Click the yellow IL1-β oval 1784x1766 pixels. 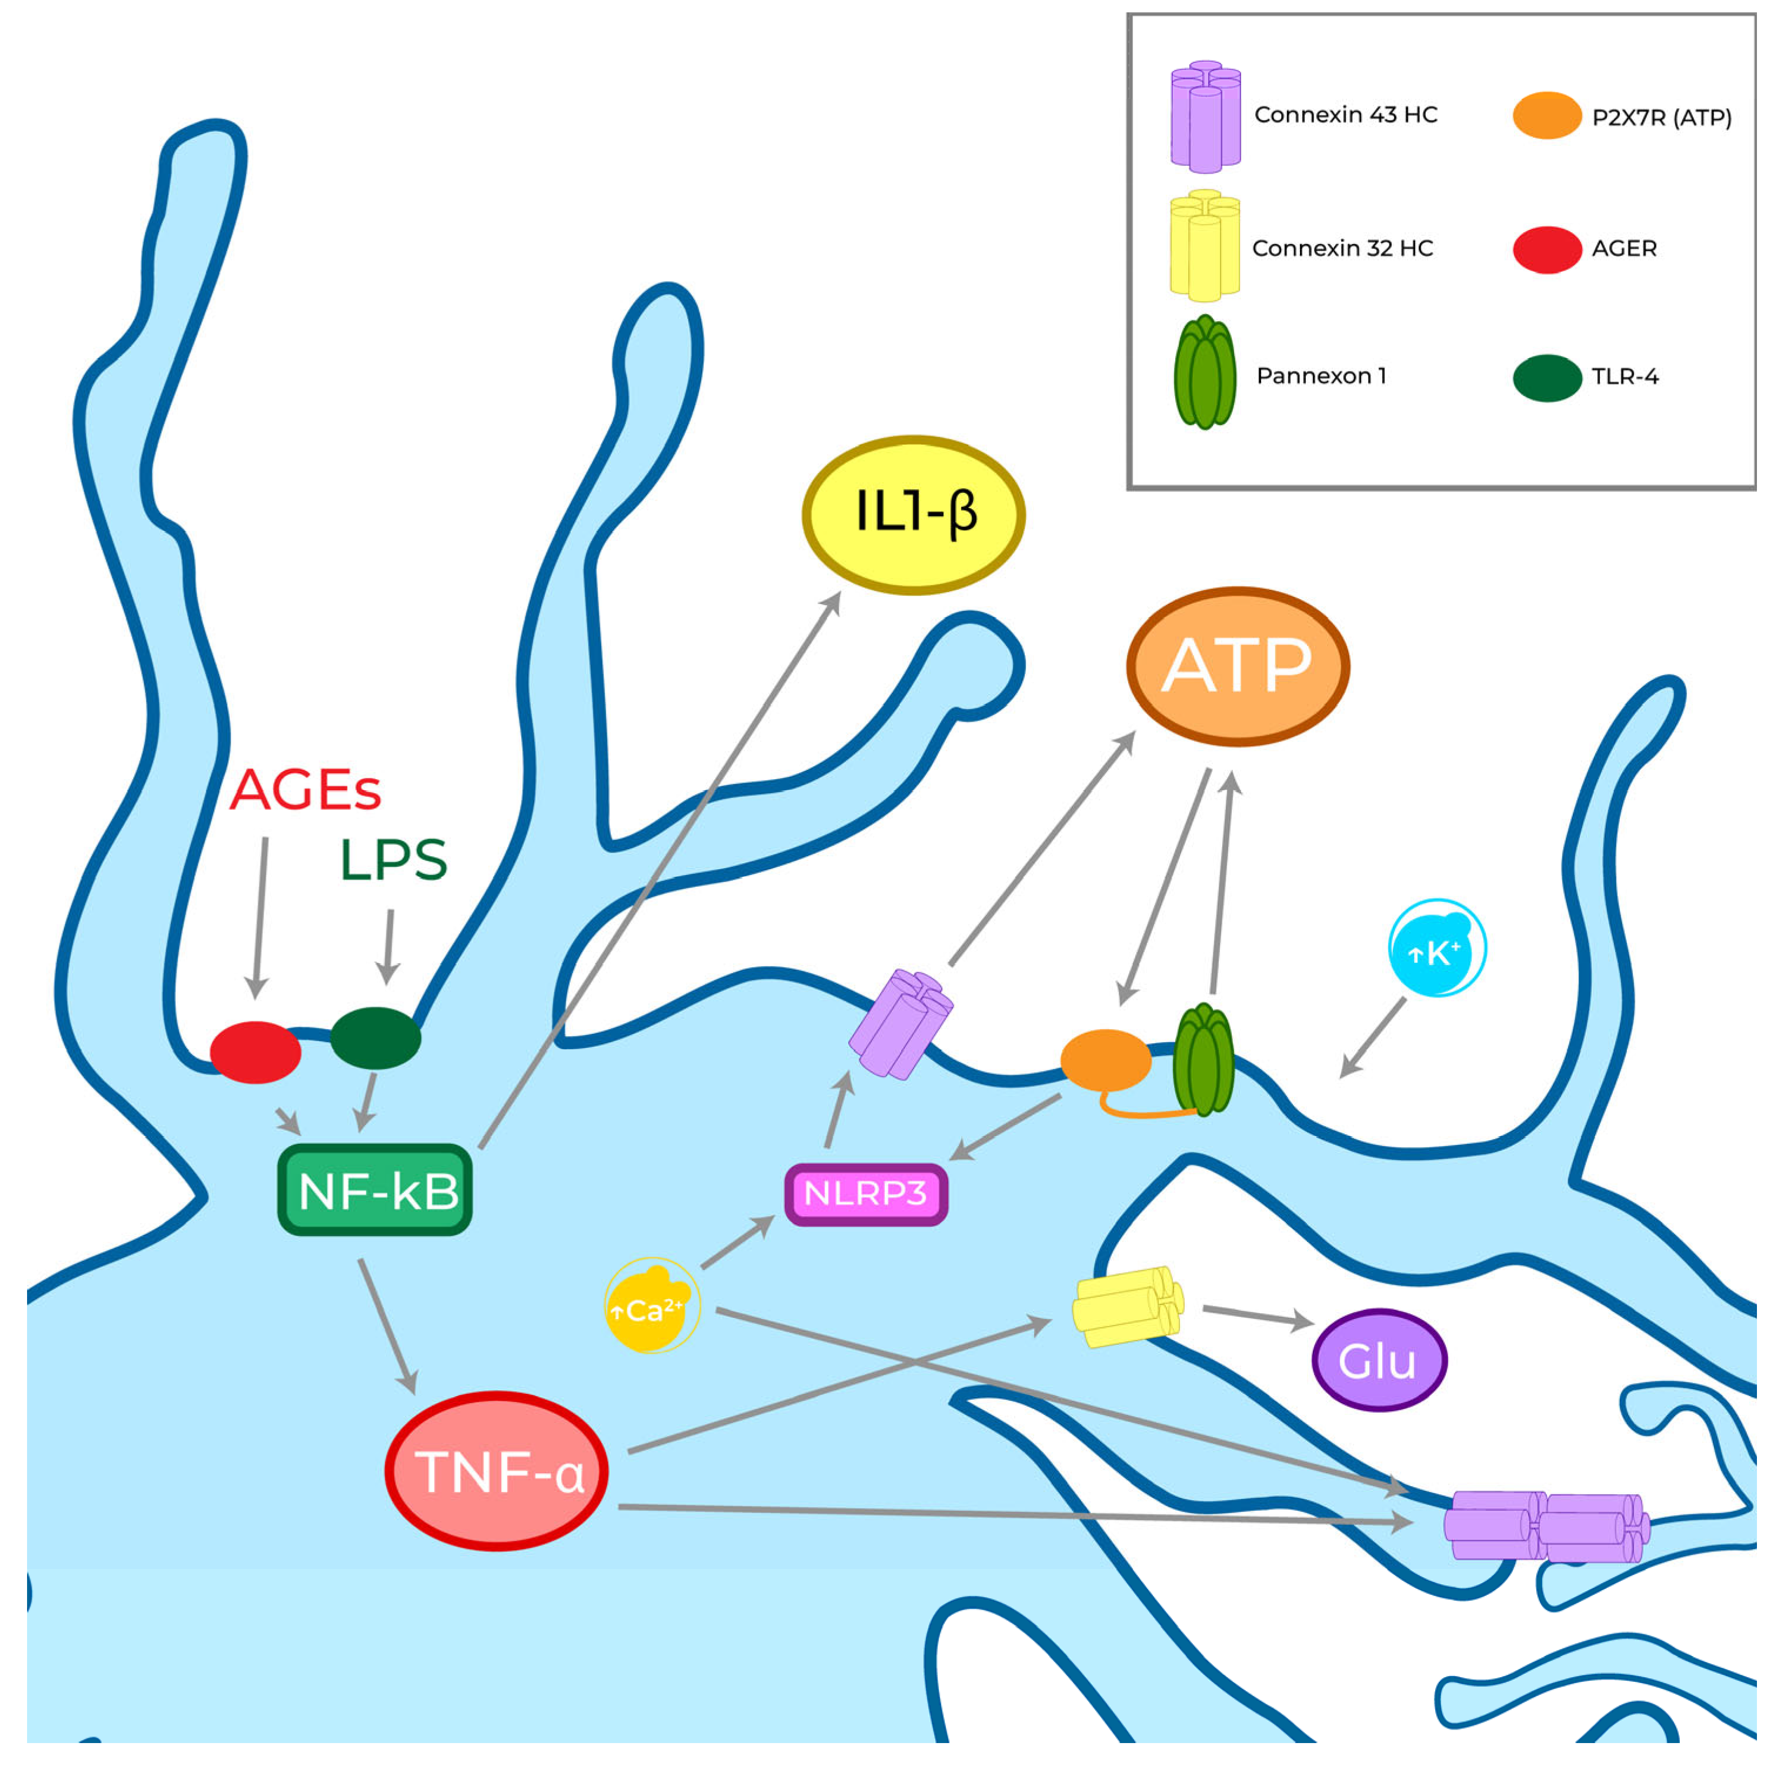click(x=914, y=514)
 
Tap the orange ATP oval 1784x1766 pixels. click(x=1238, y=666)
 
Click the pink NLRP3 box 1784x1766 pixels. click(x=865, y=1194)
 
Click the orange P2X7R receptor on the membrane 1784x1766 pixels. click(x=1105, y=1060)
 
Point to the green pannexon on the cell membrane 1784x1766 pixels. click(x=1203, y=1059)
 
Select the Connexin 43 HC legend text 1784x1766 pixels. click(x=1345, y=115)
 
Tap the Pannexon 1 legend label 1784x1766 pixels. click(x=1321, y=376)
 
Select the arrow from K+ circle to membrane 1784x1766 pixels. click(x=1373, y=1037)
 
